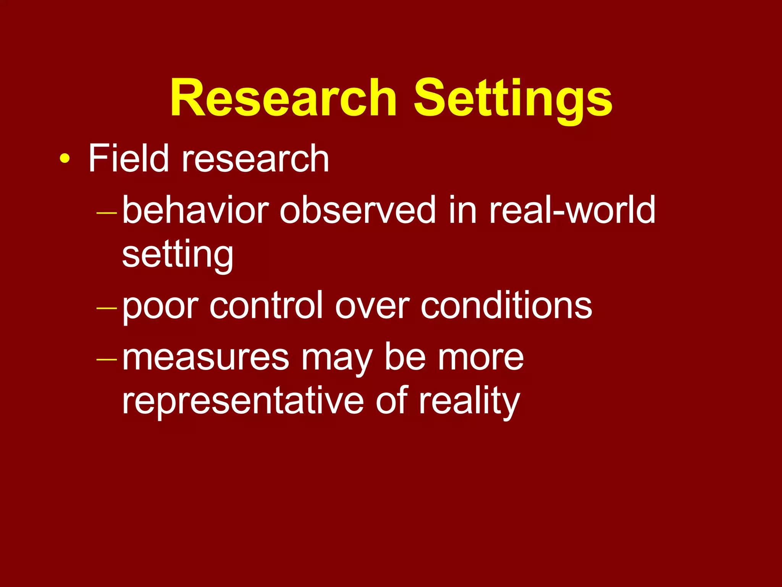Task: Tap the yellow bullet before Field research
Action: point(65,159)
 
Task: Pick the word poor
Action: point(160,306)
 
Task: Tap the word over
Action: point(372,306)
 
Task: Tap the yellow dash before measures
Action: point(107,359)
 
